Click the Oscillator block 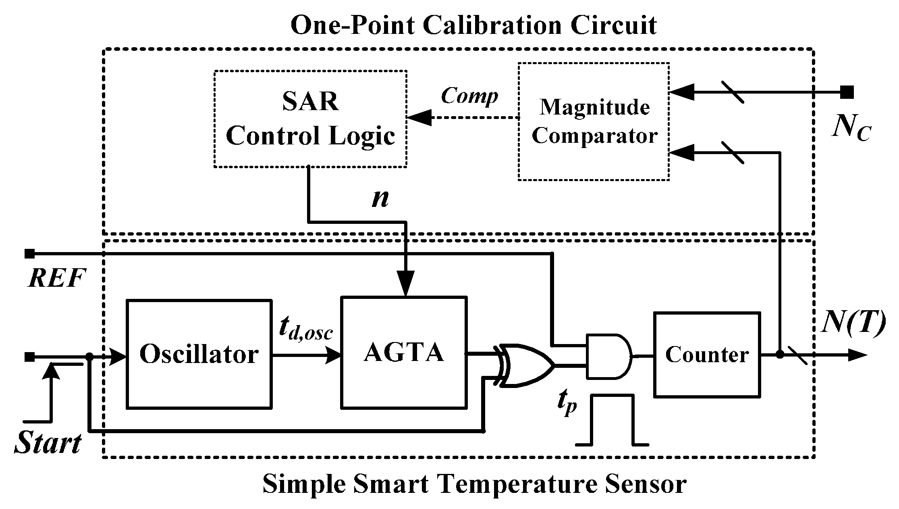tap(199, 354)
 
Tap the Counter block tap(707, 355)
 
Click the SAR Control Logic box tap(310, 119)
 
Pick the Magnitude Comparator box tap(594, 121)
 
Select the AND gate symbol tap(608, 356)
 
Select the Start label tap(48, 444)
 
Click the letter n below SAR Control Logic tap(380, 198)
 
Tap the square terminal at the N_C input tap(847, 92)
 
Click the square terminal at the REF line tap(29, 254)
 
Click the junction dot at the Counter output tap(780, 355)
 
